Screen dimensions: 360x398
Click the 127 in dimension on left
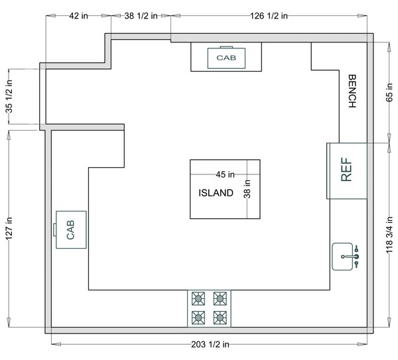[9, 229]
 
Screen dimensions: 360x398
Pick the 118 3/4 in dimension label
[389, 237]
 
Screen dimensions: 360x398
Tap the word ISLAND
[216, 194]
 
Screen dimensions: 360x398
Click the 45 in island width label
[226, 175]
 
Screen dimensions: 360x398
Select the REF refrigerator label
[346, 170]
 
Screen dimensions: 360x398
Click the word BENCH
[352, 91]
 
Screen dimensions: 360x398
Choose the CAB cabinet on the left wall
[70, 229]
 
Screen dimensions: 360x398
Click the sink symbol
[346, 256]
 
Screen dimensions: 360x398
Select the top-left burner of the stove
[198, 299]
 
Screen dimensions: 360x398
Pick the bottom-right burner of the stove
[220, 318]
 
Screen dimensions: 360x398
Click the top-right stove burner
[220, 299]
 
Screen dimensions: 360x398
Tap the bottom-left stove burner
[198, 318]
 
